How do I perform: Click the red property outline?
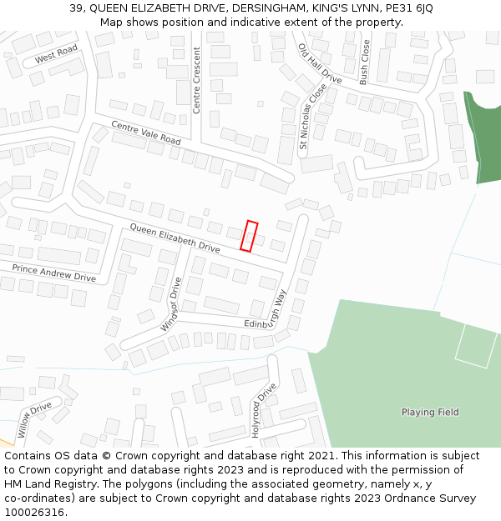tap(249, 235)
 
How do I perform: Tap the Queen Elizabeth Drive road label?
tap(175, 238)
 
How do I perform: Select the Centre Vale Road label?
tap(146, 133)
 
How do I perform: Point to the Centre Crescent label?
tap(197, 80)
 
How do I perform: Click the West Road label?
tap(56, 55)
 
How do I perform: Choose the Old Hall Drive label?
tap(320, 63)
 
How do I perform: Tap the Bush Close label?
tap(363, 63)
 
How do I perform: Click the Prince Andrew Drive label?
tap(53, 272)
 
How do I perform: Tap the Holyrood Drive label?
tap(265, 404)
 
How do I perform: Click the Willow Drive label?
tap(35, 420)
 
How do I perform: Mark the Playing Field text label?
tap(430, 412)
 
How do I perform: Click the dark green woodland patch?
tap(483, 138)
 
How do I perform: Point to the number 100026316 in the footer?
tap(34, 512)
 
